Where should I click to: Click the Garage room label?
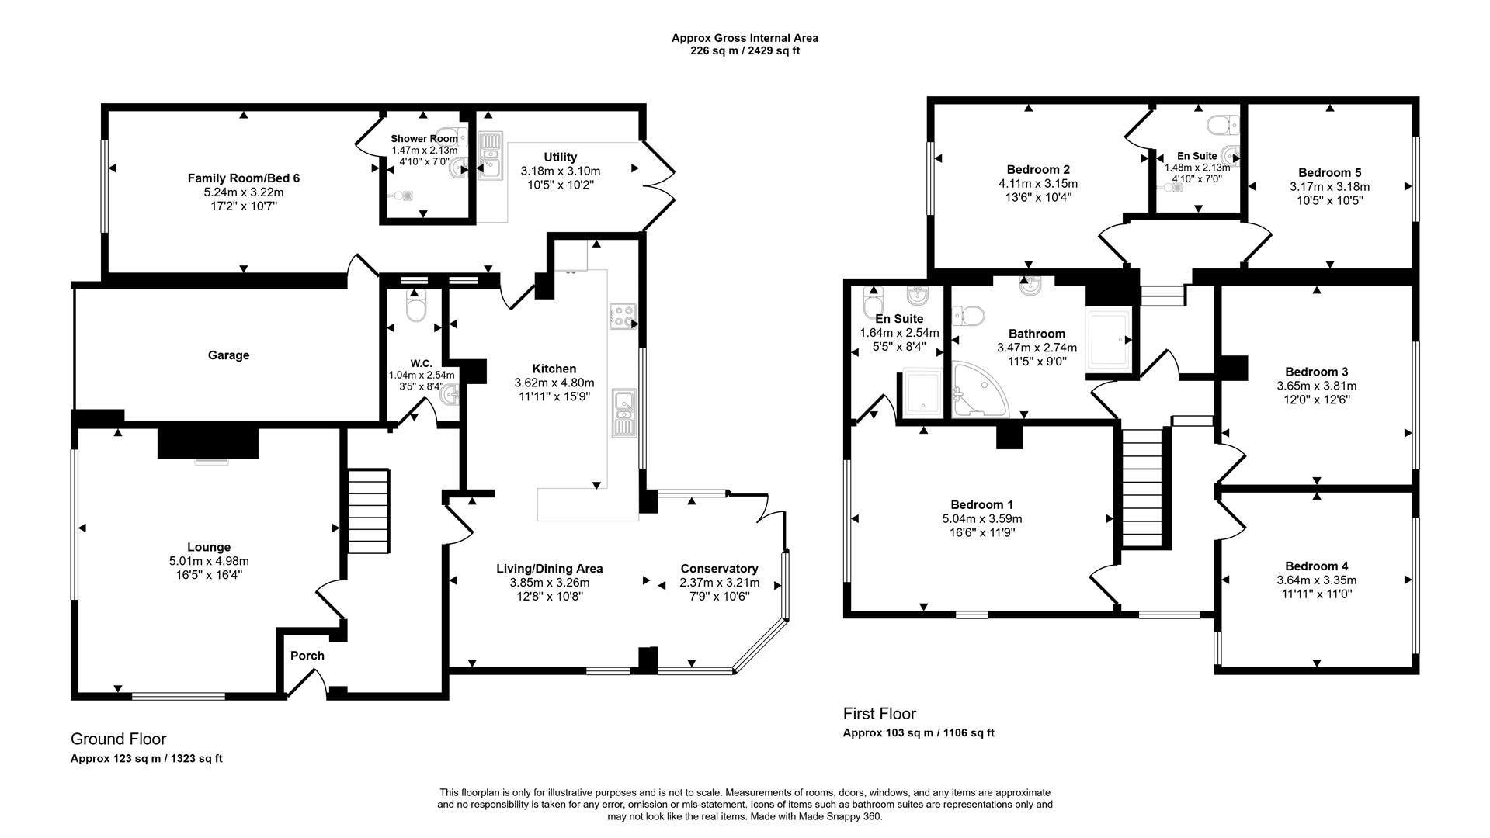click(x=228, y=355)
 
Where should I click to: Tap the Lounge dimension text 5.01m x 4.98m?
click(x=209, y=561)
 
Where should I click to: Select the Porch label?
click(x=307, y=656)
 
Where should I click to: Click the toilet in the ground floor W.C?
click(x=415, y=309)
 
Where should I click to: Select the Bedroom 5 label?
click(x=1329, y=172)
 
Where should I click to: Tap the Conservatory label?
click(x=719, y=569)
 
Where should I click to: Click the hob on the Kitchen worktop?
click(x=623, y=317)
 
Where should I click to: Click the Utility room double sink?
click(x=491, y=155)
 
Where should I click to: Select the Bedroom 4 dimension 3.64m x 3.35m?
click(x=1316, y=580)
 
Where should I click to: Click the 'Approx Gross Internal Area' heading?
click(x=745, y=37)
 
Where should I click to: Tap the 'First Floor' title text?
click(x=879, y=714)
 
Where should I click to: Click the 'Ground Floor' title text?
click(x=118, y=739)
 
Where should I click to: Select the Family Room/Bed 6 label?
click(x=243, y=178)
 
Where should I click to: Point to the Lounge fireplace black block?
click(x=207, y=442)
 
